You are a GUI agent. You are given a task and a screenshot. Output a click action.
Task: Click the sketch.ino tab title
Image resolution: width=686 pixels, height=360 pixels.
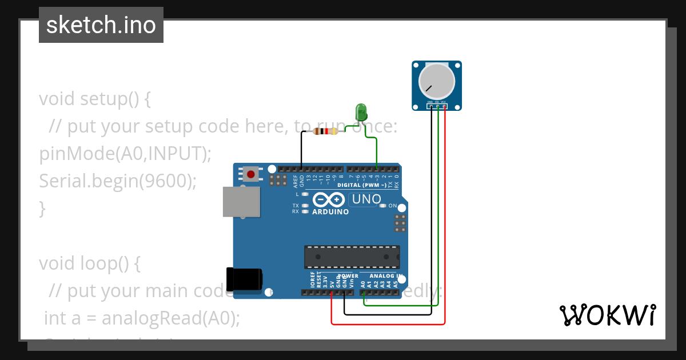101,25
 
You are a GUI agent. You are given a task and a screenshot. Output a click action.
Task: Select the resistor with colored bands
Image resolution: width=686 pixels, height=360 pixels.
325,131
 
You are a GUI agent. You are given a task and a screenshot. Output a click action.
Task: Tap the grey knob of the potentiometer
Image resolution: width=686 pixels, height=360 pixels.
437,80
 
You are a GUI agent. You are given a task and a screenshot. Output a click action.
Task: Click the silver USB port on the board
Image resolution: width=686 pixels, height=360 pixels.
241,202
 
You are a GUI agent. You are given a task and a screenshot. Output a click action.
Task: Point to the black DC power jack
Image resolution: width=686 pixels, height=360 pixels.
244,279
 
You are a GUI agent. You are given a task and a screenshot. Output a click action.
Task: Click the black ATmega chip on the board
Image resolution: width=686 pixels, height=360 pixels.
352,257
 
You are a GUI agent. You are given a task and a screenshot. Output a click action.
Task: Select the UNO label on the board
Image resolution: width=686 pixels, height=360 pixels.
366,199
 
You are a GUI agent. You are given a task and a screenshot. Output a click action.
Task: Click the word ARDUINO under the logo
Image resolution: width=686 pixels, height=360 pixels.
330,212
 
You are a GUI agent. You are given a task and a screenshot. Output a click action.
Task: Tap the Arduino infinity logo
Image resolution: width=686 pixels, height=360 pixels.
328,199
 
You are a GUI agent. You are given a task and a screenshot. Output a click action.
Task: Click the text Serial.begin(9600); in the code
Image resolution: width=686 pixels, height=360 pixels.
118,181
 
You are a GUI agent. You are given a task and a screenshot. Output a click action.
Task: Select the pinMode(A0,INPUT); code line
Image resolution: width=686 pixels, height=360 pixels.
125,153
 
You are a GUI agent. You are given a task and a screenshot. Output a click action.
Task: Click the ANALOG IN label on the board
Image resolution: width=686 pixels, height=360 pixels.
382,276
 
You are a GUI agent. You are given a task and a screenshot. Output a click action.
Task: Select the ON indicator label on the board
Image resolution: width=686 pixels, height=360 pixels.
392,206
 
